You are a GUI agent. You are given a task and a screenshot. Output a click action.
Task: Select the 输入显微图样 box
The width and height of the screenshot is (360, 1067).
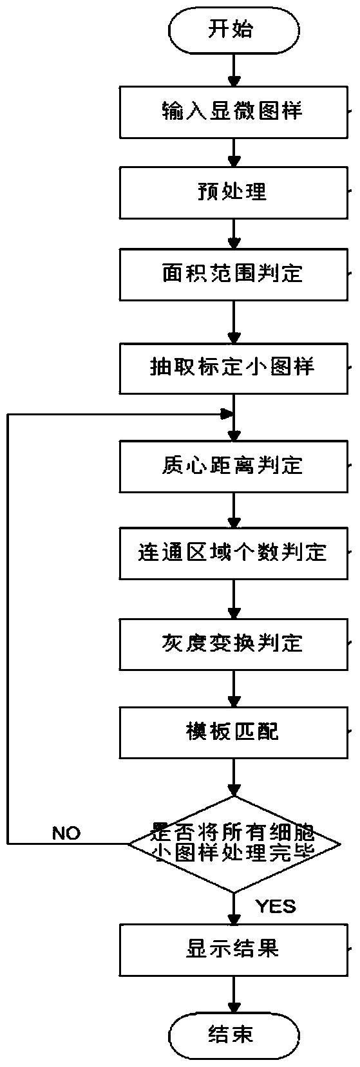pos(233,113)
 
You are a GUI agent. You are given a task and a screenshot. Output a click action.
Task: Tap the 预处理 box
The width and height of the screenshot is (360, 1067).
pos(233,193)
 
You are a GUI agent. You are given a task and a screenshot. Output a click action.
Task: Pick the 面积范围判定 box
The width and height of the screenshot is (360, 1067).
pos(233,274)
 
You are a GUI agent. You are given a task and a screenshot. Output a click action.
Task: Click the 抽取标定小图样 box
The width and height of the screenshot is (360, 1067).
pos(233,367)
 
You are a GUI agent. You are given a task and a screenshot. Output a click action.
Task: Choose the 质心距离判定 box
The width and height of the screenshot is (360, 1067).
pos(233,466)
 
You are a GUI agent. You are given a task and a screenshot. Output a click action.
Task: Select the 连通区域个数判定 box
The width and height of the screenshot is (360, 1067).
pos(233,553)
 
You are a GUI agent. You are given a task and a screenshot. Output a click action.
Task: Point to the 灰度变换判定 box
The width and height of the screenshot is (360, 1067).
pos(233,644)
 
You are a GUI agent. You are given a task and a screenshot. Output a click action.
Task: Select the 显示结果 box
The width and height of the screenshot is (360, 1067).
pos(233,950)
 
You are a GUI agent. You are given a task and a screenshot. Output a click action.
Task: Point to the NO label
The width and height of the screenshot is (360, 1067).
pos(66,833)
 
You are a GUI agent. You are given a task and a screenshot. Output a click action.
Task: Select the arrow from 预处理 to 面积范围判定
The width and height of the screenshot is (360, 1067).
pos(233,233)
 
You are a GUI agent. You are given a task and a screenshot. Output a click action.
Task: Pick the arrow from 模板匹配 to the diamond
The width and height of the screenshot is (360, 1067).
pos(233,777)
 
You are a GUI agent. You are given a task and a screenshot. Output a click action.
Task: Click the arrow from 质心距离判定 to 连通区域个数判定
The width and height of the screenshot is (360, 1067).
pos(233,510)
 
